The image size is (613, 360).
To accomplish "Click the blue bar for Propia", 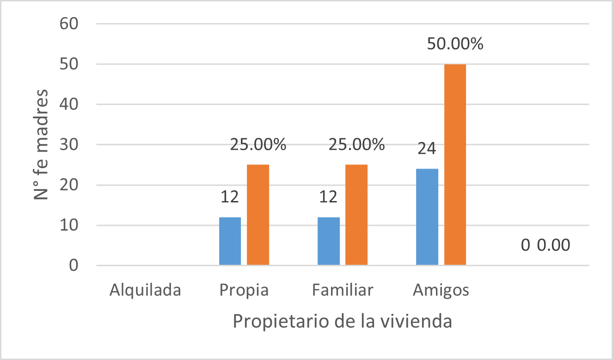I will (230, 241).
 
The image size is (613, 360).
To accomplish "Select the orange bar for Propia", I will (258, 215).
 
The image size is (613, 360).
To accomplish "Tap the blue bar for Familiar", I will (329, 241).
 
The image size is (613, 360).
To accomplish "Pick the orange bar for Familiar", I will (356, 215).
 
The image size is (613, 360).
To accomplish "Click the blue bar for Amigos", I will (427, 217).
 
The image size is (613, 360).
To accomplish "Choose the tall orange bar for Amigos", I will (455, 165).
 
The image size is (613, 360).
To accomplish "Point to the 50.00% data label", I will (455, 44).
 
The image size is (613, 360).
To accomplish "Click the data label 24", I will (427, 150).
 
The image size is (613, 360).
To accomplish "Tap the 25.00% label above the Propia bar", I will (258, 145).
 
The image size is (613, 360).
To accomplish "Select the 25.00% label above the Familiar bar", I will (356, 145).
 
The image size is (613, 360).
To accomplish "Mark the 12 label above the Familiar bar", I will (329, 198).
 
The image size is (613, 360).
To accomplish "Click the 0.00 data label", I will (553, 245).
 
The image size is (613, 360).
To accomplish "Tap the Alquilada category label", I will (145, 290).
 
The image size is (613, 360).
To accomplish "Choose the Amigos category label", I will (441, 290).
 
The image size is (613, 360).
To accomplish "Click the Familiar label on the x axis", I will (343, 290).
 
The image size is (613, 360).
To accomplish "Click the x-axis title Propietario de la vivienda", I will (342, 321).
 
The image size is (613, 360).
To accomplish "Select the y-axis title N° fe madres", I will (42, 144).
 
